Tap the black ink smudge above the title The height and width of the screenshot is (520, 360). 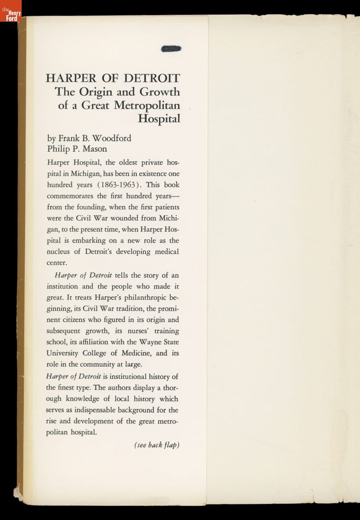click(171, 49)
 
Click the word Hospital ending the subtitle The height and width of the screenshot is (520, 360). click(159, 119)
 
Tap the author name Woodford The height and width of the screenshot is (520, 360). click(110, 139)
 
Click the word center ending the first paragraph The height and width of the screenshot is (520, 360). click(57, 263)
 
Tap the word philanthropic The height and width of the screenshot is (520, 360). click(146, 298)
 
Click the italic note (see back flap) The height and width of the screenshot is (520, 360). click(156, 445)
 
